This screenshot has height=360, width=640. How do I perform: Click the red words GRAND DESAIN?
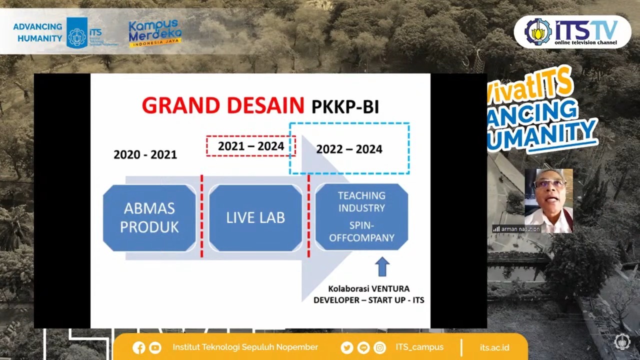[x=222, y=105]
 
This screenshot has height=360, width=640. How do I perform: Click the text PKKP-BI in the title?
[x=345, y=106]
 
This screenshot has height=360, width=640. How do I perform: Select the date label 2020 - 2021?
[x=145, y=154]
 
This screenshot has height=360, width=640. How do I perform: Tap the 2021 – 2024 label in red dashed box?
[x=251, y=146]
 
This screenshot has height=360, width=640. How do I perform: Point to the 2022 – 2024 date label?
[x=349, y=149]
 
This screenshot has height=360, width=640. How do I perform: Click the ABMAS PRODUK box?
[x=149, y=217]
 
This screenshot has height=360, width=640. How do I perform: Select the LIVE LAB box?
[x=255, y=217]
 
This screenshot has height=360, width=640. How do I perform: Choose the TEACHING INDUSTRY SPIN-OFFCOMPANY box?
[x=361, y=216]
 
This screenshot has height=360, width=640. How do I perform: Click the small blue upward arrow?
[x=382, y=266]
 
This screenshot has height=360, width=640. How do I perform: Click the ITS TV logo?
[x=572, y=31]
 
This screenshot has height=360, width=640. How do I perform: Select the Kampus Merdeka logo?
[x=155, y=32]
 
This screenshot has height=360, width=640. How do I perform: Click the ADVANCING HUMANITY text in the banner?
[x=37, y=32]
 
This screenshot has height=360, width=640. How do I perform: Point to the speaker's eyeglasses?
[x=549, y=184]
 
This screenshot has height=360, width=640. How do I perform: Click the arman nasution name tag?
[x=517, y=229]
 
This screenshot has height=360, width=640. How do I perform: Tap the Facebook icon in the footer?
[x=139, y=347]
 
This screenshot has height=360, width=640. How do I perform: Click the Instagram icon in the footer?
[x=380, y=347]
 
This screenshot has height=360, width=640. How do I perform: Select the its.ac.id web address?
[x=494, y=347]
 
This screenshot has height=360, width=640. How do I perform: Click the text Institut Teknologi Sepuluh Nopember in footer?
[x=245, y=347]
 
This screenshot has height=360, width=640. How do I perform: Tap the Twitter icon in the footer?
[x=346, y=347]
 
